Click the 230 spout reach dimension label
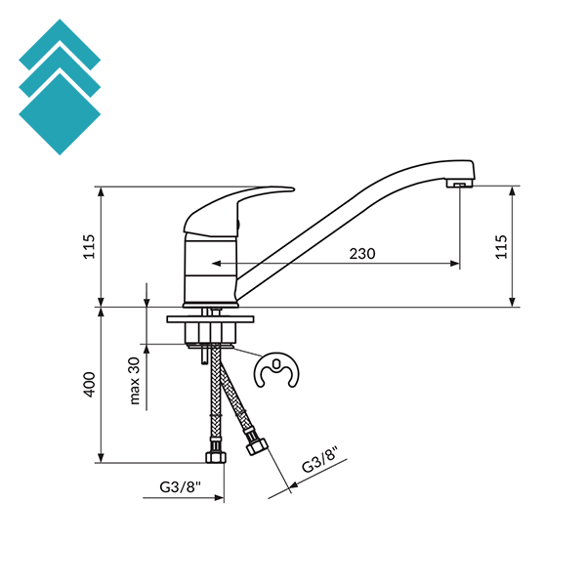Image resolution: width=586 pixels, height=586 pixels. click(362, 254)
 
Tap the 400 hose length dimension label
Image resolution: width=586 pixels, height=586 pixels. click(90, 385)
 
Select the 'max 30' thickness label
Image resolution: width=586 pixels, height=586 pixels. click(135, 381)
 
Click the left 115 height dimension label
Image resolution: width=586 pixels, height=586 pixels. click(89, 247)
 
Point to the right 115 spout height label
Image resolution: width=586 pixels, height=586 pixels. click(501, 247)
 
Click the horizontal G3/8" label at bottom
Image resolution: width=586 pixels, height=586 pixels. click(181, 487)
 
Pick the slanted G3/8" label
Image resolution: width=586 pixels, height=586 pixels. click(320, 459)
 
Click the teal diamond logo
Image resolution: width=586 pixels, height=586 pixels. click(60, 87)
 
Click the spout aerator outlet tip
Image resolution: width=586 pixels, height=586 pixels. click(460, 184)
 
